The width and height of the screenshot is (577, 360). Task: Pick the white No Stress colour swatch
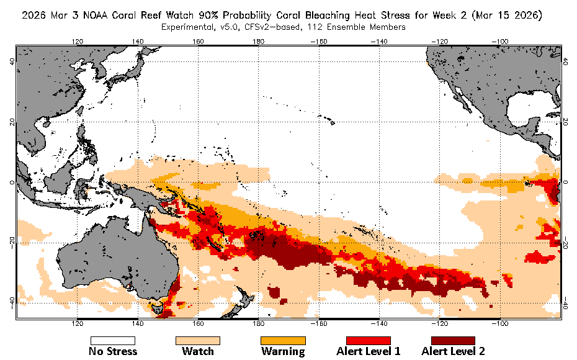click(x=113, y=341)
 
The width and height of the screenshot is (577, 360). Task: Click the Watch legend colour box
click(x=198, y=341)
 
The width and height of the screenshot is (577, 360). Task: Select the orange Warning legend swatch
click(x=283, y=341)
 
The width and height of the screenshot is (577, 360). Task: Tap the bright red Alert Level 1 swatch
click(x=368, y=341)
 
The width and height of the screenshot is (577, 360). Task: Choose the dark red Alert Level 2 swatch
click(x=453, y=341)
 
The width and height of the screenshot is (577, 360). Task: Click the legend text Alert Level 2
click(x=453, y=352)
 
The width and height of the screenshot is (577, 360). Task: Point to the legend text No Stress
click(x=113, y=352)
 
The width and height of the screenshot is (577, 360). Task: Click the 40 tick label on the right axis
click(x=566, y=61)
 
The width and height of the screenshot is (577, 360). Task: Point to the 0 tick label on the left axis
click(x=11, y=182)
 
